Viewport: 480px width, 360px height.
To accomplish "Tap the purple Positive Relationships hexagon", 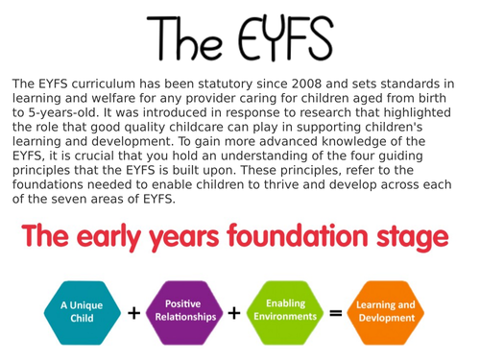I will point(182,311).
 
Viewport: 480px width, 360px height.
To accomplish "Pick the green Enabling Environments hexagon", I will point(285,311).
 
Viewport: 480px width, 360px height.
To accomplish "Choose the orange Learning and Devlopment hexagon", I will point(386,312).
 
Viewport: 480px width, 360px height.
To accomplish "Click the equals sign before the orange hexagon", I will point(335,313).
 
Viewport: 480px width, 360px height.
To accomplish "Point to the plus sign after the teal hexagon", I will point(133,313).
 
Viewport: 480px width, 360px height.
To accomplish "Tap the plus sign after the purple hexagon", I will point(234,313).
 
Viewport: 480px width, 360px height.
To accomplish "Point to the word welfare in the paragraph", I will point(111,98).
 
